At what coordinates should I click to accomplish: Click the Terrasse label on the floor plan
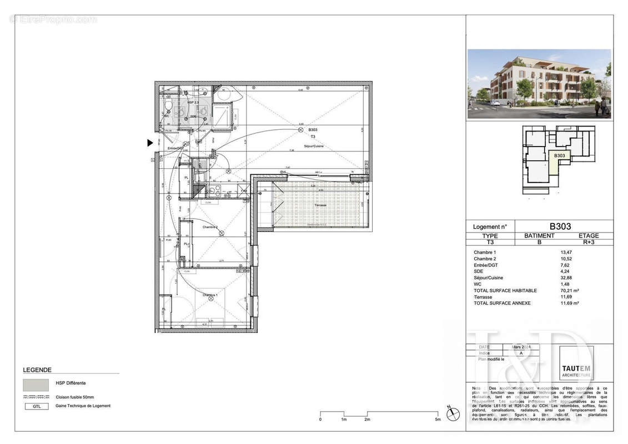pyautogui.click(x=320, y=205)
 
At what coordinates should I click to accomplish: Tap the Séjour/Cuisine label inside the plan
pyautogui.click(x=313, y=146)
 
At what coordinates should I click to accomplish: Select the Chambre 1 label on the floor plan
pyautogui.click(x=210, y=295)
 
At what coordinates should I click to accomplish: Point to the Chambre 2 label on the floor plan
pyautogui.click(x=210, y=227)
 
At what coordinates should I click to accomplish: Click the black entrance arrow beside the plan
pyautogui.click(x=150, y=143)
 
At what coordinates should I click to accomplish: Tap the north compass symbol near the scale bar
pyautogui.click(x=453, y=413)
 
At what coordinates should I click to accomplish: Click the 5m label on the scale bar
pyautogui.click(x=438, y=420)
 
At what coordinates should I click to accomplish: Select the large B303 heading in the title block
pyautogui.click(x=560, y=226)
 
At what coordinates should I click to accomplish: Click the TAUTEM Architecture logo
pyautogui.click(x=576, y=364)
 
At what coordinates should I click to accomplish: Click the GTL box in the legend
pyautogui.click(x=36, y=406)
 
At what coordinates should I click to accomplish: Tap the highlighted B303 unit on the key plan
pyautogui.click(x=559, y=156)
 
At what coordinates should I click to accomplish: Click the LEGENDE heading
pyautogui.click(x=37, y=370)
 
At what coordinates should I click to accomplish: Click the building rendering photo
pyautogui.click(x=539, y=84)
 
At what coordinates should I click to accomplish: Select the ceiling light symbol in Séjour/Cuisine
pyautogui.click(x=302, y=129)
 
